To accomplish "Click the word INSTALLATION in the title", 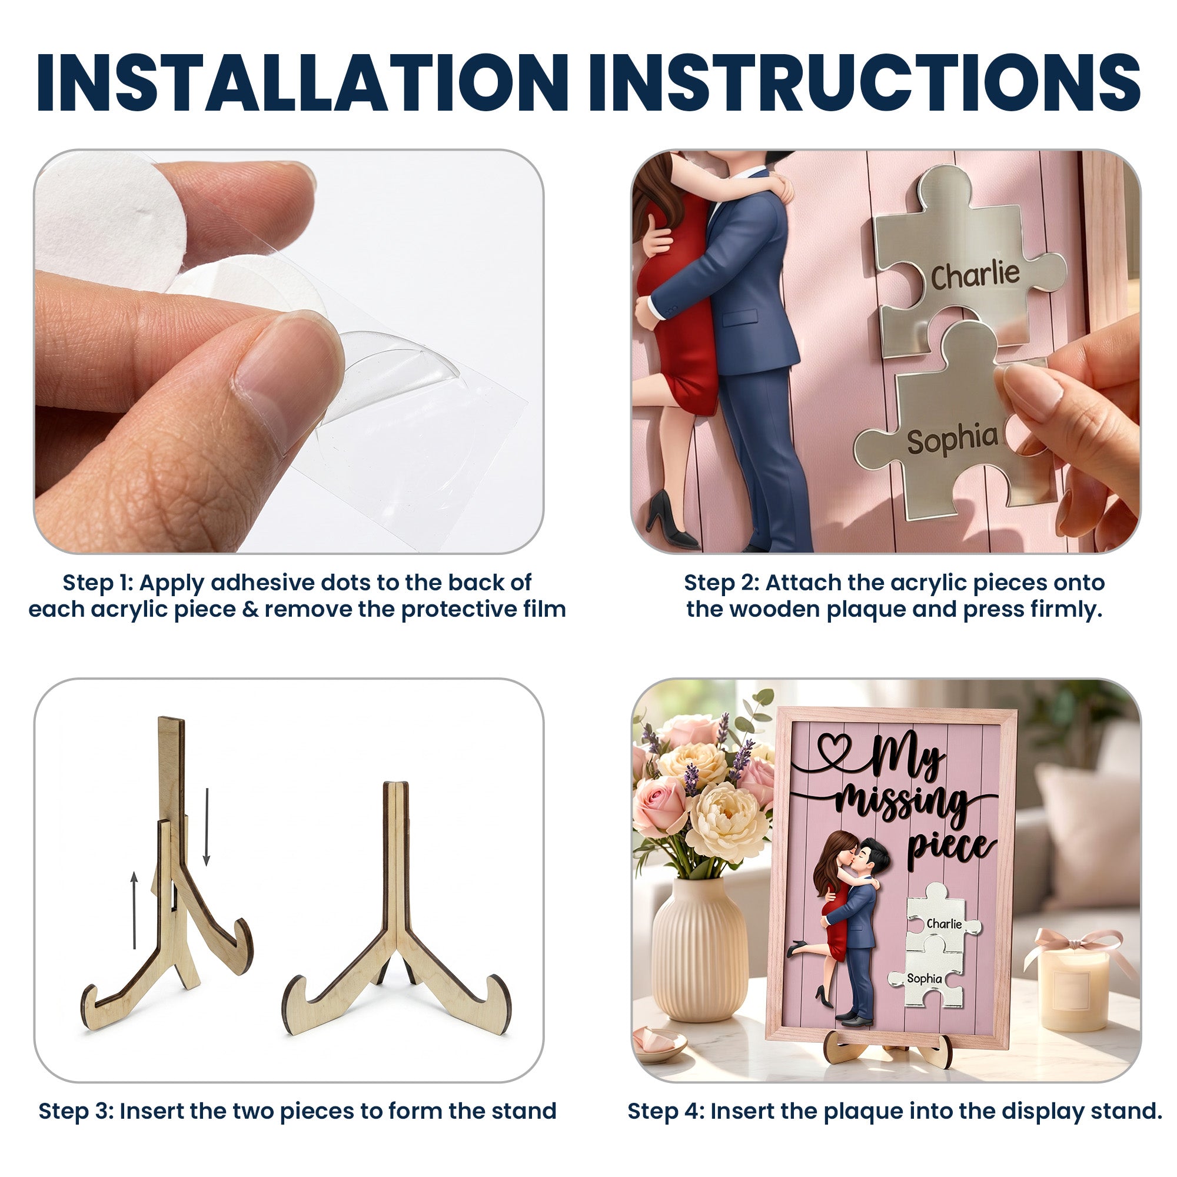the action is coord(302,83).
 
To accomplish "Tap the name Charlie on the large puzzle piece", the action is coord(975,275).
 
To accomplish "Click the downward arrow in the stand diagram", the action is coord(207,827).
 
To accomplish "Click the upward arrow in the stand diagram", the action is coord(135,910).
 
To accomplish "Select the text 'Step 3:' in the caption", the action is coord(75,1112).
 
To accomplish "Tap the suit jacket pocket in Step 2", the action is coord(739,317).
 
